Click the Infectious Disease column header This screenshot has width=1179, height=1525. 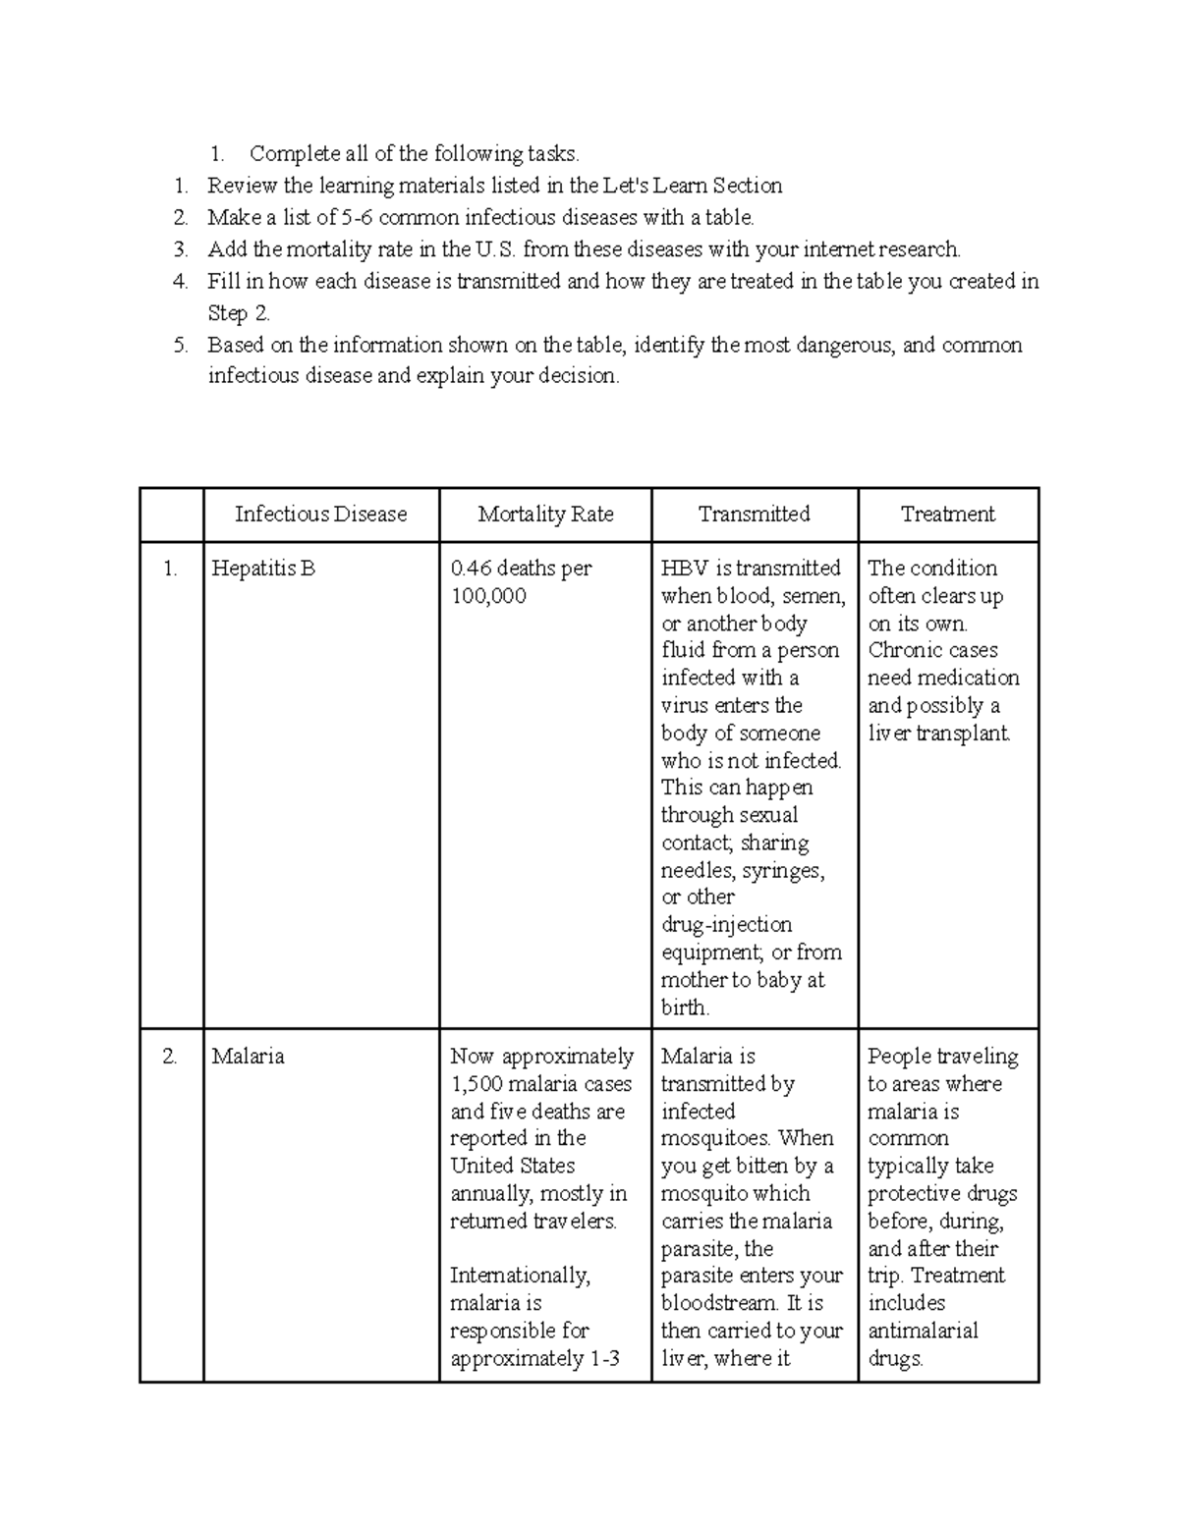[x=320, y=515]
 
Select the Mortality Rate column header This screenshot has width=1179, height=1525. [x=545, y=515]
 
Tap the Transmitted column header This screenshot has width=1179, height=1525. [x=754, y=515]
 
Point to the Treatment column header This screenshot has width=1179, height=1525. [x=947, y=515]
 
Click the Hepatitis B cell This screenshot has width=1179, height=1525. [x=262, y=569]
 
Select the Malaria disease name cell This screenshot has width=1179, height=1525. [x=248, y=1057]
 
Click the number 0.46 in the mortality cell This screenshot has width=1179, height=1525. [x=470, y=569]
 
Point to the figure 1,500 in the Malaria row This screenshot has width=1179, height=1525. [x=475, y=1084]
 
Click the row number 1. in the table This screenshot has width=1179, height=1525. [x=171, y=569]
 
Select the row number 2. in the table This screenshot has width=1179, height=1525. [x=171, y=1057]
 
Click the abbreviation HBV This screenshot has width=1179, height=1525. [x=682, y=569]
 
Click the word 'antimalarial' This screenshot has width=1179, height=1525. [x=923, y=1332]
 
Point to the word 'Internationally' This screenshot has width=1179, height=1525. [x=520, y=1276]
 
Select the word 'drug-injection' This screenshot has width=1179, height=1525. [x=726, y=925]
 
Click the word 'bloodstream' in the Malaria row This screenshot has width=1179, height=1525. [x=720, y=1304]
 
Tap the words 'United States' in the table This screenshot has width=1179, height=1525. [x=512, y=1167]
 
